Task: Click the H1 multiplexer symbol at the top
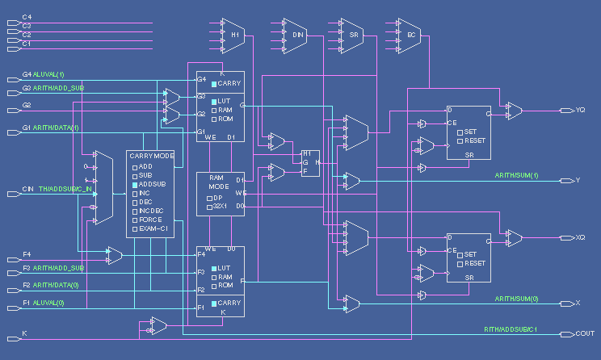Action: point(234,35)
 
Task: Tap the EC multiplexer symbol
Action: point(410,35)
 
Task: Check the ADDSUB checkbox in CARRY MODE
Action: point(136,184)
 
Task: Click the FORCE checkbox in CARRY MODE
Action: point(136,220)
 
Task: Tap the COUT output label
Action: point(585,333)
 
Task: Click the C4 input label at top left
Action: point(27,17)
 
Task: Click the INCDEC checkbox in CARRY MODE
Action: point(136,211)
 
